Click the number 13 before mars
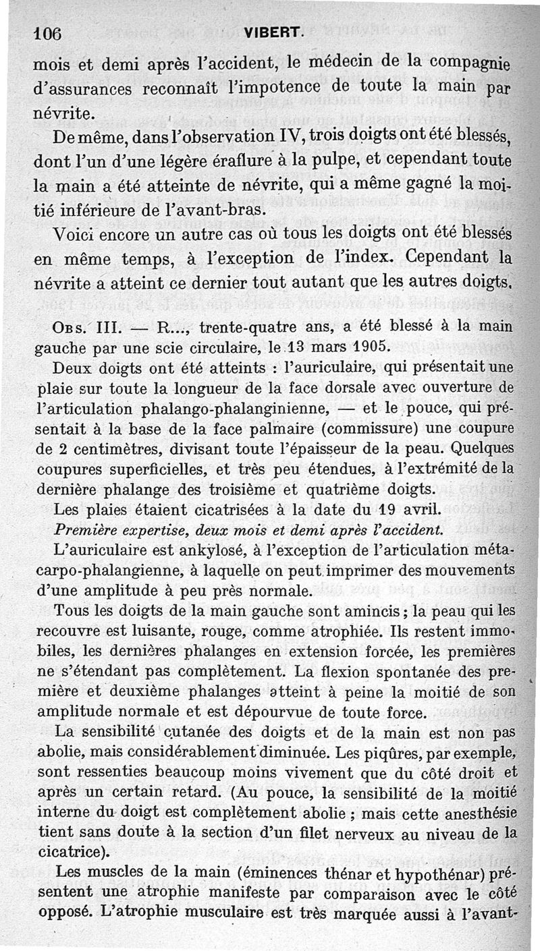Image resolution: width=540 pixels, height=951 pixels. (296, 347)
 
